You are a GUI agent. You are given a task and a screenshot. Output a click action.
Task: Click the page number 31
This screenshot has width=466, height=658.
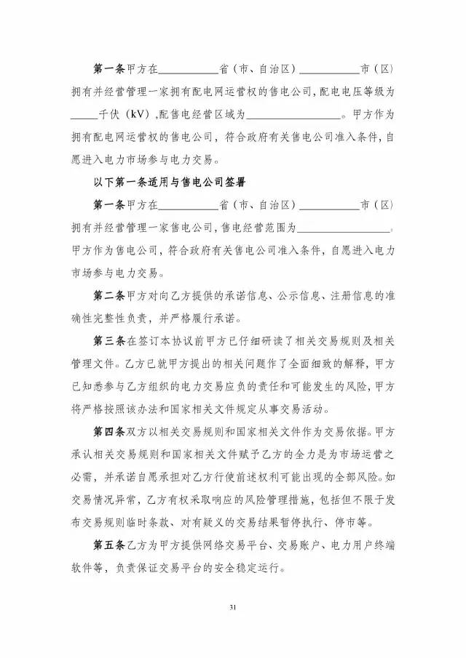pyautogui.click(x=233, y=607)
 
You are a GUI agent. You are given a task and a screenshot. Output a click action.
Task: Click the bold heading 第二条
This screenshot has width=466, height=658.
pyautogui.click(x=109, y=296)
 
